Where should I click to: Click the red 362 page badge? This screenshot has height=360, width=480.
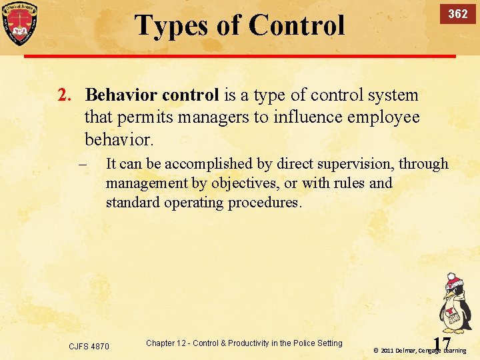tap(457, 14)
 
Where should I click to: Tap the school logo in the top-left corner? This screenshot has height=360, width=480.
tap(19, 23)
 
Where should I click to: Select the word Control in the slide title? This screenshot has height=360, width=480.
tap(297, 26)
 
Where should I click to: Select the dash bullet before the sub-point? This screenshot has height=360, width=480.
tap(83, 165)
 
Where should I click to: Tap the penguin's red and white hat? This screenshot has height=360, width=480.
tap(454, 280)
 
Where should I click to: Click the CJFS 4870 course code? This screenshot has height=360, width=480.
tap(89, 346)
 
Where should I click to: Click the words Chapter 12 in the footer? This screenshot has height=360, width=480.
tap(167, 343)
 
